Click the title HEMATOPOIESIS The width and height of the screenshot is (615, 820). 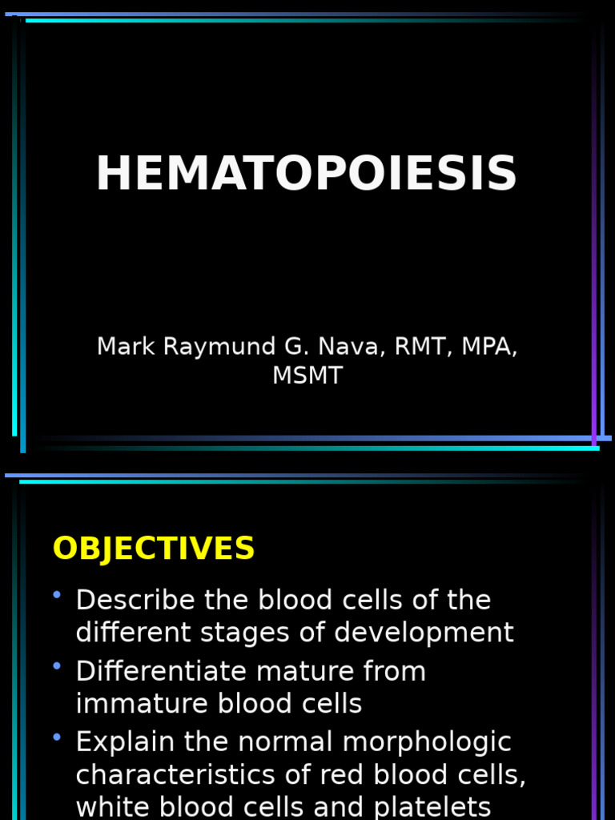[307, 175]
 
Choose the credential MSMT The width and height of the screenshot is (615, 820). [307, 376]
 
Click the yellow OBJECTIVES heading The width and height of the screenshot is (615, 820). [154, 549]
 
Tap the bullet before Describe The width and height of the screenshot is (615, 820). [57, 595]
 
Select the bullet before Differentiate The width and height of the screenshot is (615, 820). [57, 666]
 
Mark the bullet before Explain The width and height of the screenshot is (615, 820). [57, 737]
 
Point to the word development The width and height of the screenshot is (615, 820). [424, 633]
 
